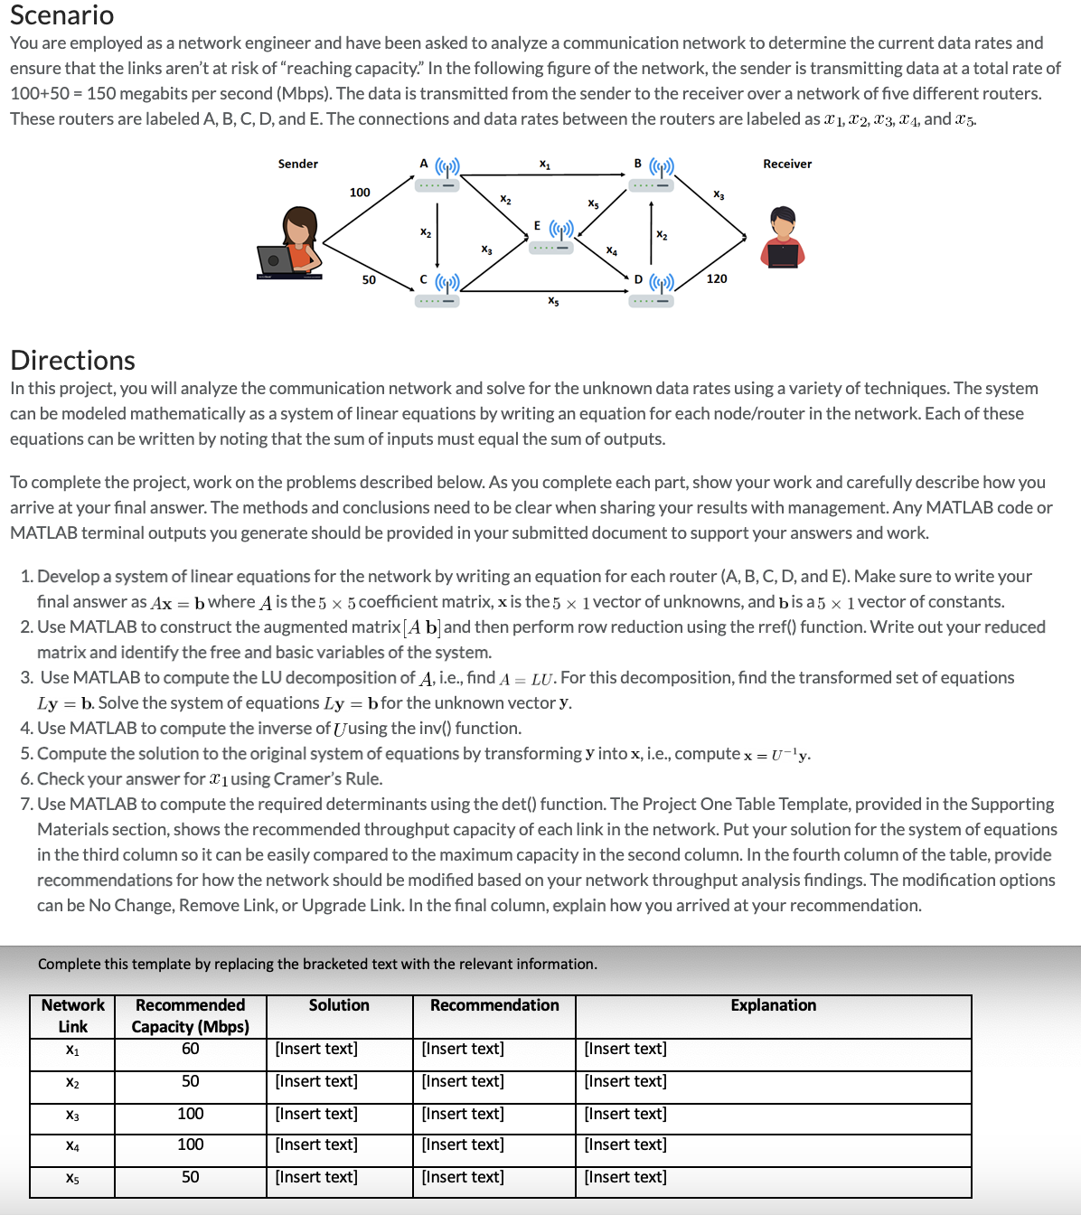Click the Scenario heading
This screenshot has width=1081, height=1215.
[x=61, y=15]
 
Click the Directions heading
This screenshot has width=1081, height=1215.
[x=72, y=360]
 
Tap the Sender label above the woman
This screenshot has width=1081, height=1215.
[x=297, y=164]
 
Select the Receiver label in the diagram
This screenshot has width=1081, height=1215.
[x=786, y=164]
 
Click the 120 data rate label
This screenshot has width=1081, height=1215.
[x=717, y=278]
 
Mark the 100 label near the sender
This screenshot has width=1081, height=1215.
[x=360, y=193]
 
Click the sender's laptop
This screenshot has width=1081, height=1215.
[x=276, y=261]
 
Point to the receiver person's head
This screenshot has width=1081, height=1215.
[x=783, y=219]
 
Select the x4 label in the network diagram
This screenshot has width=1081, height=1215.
[x=612, y=250]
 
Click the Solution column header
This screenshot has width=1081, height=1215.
[x=339, y=1005]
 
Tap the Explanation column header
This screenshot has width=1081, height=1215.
[x=773, y=1005]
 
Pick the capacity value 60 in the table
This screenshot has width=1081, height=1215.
[x=190, y=1049]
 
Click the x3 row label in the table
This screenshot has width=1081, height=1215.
[x=72, y=1115]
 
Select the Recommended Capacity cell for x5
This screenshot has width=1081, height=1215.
[x=190, y=1177]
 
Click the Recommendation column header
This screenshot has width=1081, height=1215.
[x=494, y=1005]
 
